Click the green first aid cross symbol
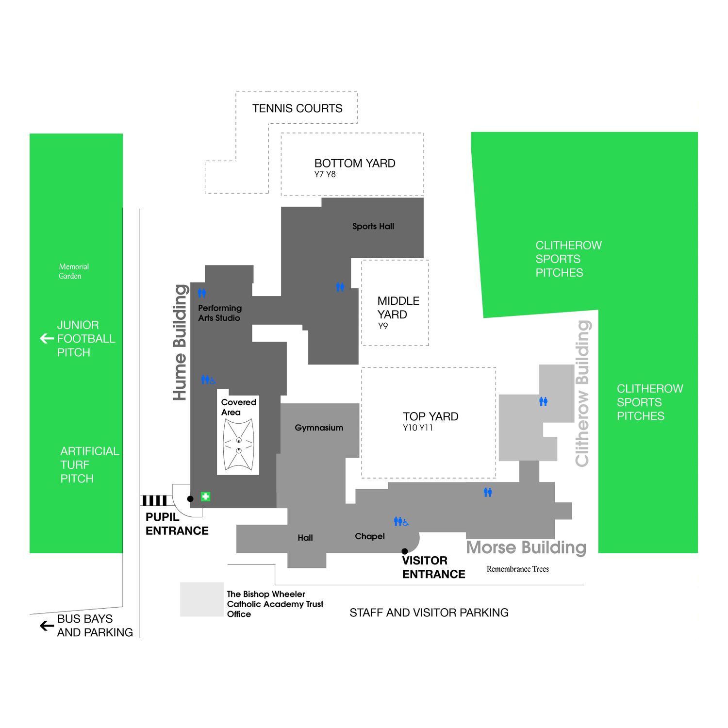(x=205, y=496)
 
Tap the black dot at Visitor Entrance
(x=405, y=551)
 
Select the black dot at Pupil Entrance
(x=190, y=499)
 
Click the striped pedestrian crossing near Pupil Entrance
(x=154, y=500)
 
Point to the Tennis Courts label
(x=297, y=108)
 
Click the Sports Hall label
(x=373, y=226)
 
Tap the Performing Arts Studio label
(x=219, y=313)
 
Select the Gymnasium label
(x=319, y=428)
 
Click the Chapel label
(x=370, y=536)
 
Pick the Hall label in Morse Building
(x=305, y=538)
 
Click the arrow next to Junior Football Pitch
(x=47, y=338)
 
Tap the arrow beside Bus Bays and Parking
(x=47, y=626)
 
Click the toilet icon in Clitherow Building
(x=544, y=401)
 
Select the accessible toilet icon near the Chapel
(x=401, y=522)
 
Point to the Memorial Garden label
(x=74, y=271)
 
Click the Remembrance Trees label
(x=518, y=569)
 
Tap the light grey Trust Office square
(x=202, y=599)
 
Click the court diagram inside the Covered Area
(x=238, y=446)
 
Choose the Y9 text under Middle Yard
(x=383, y=326)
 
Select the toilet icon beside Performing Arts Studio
(x=202, y=293)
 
